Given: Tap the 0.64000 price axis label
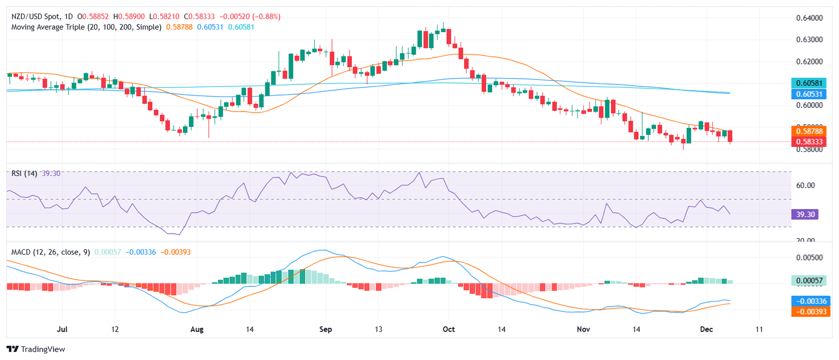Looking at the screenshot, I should tap(806, 18).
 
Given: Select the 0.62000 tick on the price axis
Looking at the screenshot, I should tap(806, 61).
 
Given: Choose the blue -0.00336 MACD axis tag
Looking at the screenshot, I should tap(810, 301).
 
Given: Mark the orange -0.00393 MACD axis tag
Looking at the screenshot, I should tap(810, 311).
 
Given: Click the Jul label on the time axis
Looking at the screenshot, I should tap(62, 330).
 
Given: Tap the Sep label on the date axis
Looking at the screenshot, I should tap(325, 330).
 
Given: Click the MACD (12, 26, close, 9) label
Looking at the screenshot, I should tap(51, 252).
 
